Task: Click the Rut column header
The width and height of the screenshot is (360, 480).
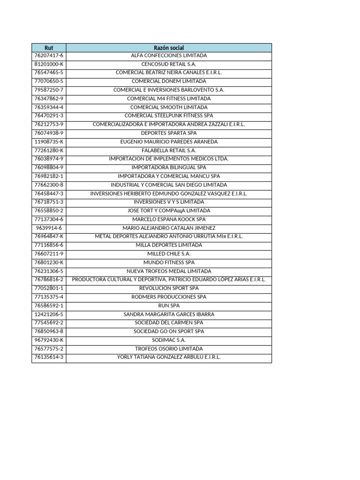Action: click(49, 47)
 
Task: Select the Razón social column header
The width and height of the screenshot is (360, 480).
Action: click(169, 47)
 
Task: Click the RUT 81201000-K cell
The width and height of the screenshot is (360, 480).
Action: click(49, 64)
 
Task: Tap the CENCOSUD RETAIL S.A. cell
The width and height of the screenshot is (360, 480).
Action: click(169, 64)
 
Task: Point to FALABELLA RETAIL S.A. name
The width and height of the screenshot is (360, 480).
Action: click(169, 150)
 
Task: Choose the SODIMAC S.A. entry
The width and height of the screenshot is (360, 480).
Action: click(169, 340)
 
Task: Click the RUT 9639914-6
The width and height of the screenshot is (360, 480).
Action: click(49, 228)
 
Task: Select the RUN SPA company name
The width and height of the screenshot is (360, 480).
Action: click(169, 306)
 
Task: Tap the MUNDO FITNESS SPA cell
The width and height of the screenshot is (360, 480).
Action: click(169, 262)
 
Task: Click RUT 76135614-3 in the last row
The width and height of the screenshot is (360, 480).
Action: click(49, 357)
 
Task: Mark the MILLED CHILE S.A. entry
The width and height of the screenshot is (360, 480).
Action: click(169, 254)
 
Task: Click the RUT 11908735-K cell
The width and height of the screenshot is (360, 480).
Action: click(49, 142)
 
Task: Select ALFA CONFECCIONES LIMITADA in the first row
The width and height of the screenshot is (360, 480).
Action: click(169, 56)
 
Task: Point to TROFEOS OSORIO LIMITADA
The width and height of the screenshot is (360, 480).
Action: click(169, 349)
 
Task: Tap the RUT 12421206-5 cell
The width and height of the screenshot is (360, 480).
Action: click(49, 314)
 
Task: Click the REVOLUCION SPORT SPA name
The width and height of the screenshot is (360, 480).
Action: click(169, 288)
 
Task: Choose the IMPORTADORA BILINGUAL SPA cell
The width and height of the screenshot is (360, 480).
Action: click(169, 167)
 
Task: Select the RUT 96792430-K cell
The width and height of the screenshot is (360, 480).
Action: click(49, 340)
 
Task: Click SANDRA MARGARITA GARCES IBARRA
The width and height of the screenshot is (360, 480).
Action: click(169, 314)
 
